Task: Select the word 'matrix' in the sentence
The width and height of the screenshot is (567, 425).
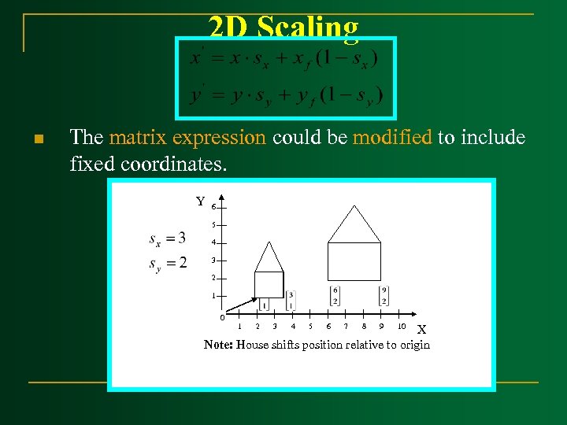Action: [x=139, y=138]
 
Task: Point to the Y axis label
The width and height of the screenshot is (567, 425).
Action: [x=201, y=202]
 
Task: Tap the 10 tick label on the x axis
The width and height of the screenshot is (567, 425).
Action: [x=402, y=326]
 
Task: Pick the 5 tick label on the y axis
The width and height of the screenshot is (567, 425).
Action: [x=213, y=225]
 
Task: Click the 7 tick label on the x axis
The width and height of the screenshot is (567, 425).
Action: [x=345, y=326]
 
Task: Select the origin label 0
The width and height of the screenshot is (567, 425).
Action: [x=222, y=318]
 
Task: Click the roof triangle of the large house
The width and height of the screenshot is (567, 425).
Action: [x=354, y=224]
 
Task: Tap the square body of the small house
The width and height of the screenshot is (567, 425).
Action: [x=269, y=284]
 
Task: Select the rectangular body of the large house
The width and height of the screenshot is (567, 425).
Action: [x=354, y=261]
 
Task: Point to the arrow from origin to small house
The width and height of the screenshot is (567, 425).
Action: [x=243, y=306]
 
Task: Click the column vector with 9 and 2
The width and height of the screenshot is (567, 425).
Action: [x=384, y=295]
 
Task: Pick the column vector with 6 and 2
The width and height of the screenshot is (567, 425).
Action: [x=335, y=295]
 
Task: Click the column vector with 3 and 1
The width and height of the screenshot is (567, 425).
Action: [x=291, y=300]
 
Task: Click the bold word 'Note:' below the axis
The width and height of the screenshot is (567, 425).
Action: [x=218, y=345]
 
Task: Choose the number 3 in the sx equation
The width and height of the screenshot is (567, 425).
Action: [x=182, y=238]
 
